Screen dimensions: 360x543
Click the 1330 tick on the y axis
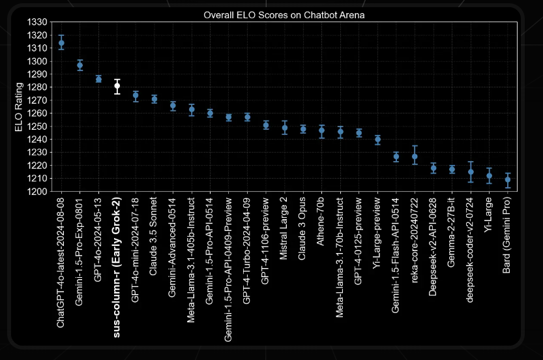tap(37, 22)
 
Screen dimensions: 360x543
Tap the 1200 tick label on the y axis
tap(37, 192)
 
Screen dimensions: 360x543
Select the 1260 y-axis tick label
tap(37, 113)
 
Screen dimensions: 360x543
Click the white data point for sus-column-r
tap(117, 86)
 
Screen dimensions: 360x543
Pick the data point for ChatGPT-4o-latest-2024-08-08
tap(61, 43)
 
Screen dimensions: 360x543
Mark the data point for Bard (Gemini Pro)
tap(508, 179)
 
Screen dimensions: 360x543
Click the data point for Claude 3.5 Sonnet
tap(154, 99)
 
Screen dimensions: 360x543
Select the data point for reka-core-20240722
tap(415, 157)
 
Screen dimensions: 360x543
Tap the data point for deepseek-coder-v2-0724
tap(471, 172)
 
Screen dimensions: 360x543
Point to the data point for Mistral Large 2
tap(284, 128)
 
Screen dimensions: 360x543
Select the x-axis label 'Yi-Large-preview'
tap(377, 232)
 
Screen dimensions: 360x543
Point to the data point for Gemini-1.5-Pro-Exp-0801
tap(80, 65)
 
